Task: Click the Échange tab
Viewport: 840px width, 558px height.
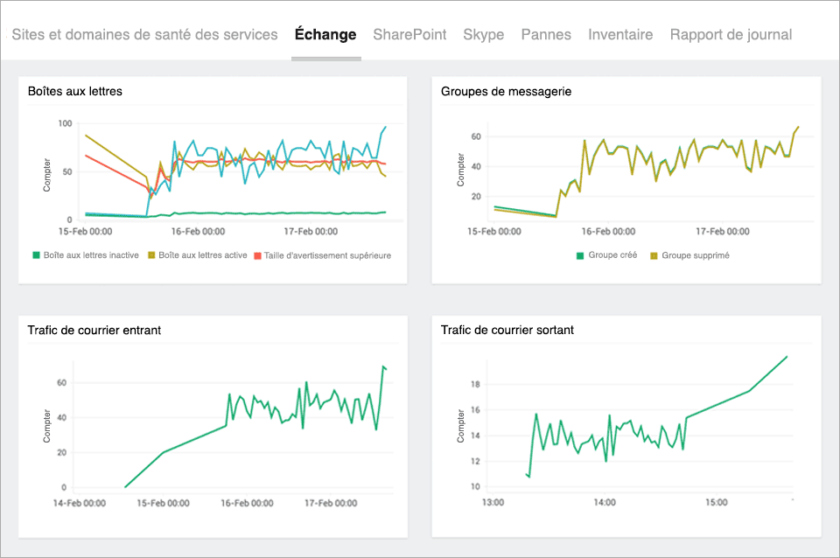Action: tap(325, 35)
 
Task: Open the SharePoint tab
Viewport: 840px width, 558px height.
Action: tap(409, 35)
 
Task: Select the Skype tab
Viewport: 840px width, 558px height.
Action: tap(483, 35)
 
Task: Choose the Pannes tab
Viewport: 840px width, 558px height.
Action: tap(546, 35)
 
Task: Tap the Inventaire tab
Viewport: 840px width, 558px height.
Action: tap(620, 35)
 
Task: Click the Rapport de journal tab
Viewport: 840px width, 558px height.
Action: tap(731, 35)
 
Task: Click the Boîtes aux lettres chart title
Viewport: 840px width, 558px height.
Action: tap(75, 91)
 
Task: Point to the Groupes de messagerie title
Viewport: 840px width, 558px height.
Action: tap(507, 91)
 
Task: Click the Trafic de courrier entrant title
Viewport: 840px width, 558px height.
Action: tap(94, 330)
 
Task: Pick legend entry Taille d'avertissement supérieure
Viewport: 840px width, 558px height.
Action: tap(322, 255)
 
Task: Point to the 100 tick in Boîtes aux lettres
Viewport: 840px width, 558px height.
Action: tap(64, 123)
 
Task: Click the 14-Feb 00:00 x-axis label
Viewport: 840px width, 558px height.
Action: tap(80, 504)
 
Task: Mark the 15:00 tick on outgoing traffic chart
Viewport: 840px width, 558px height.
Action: tap(717, 503)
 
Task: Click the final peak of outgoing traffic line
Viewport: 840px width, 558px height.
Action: tap(787, 357)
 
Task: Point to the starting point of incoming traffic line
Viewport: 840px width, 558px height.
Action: tap(125, 487)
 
